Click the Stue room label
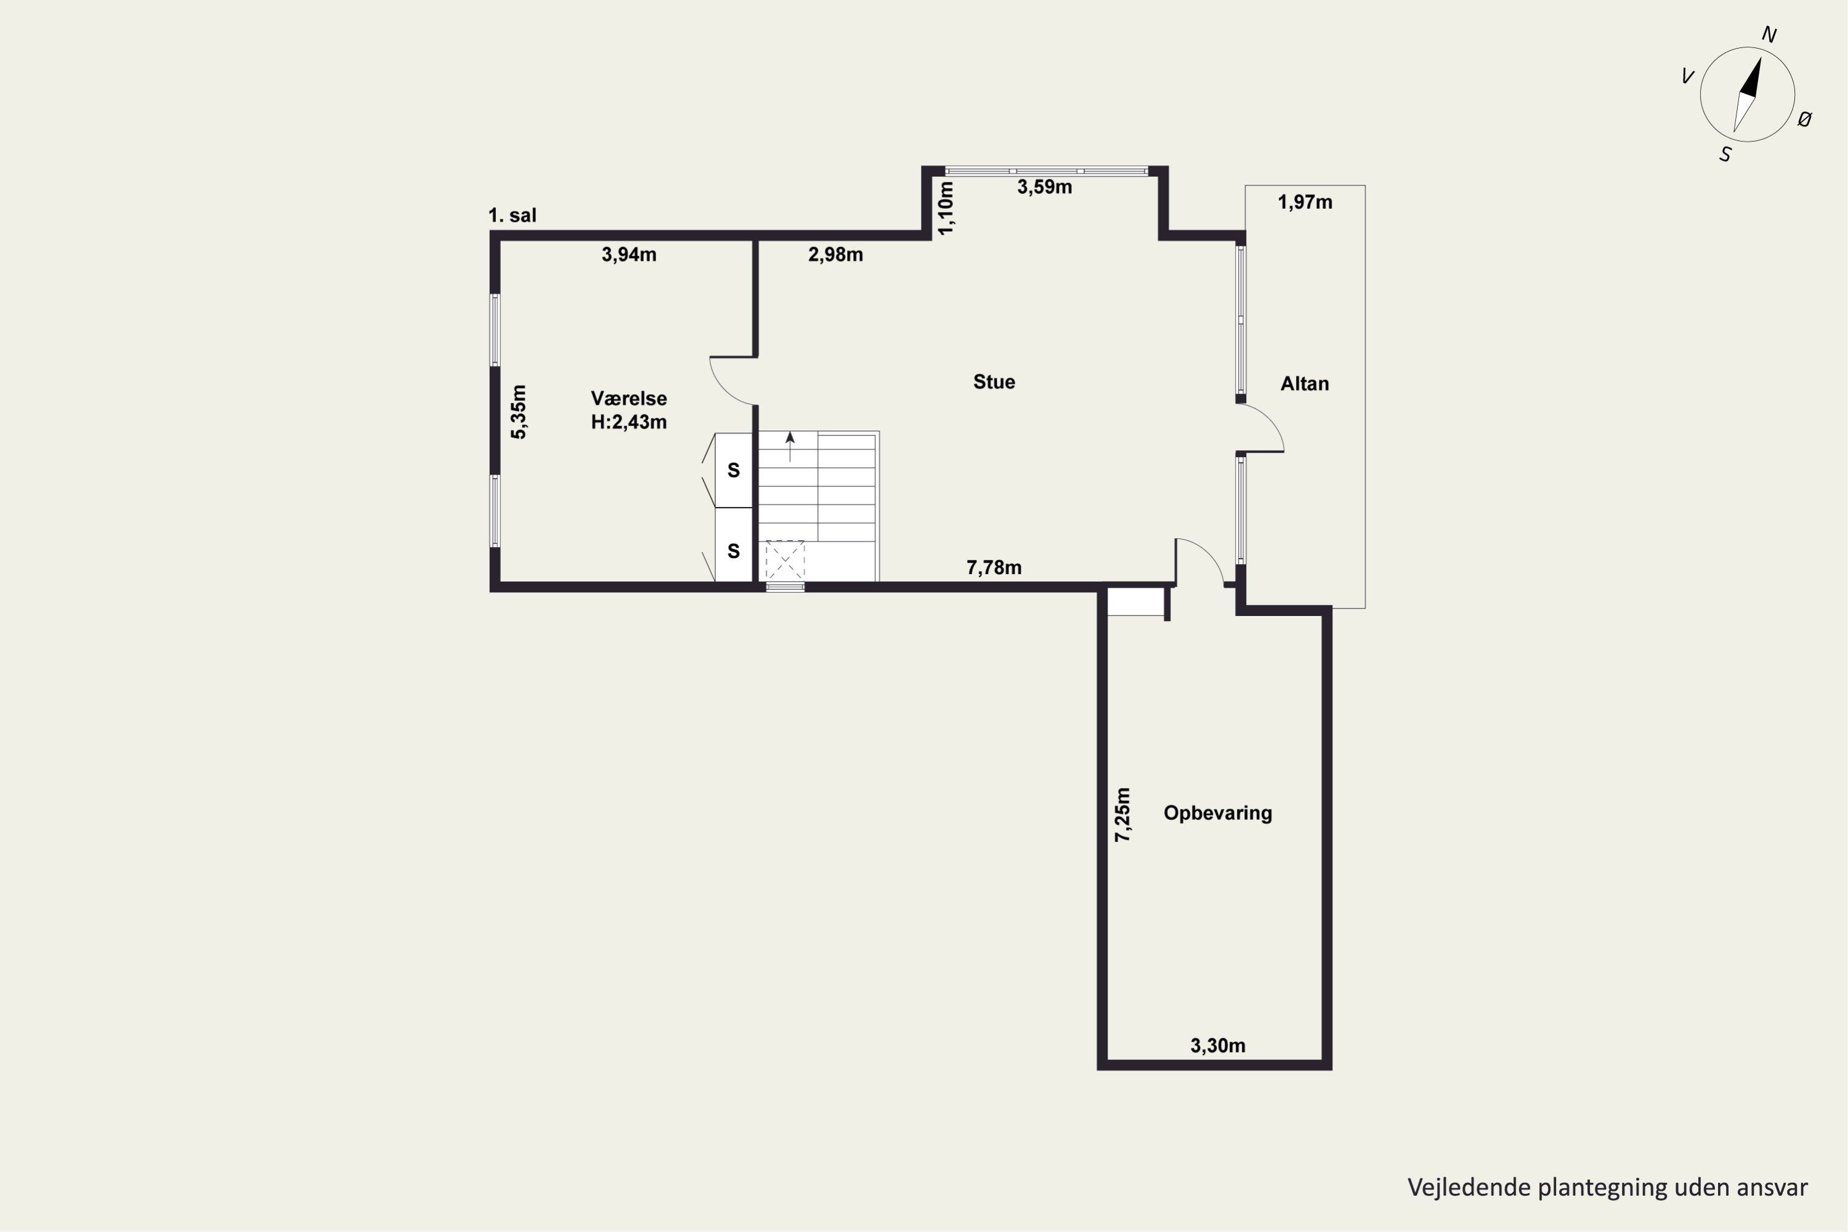click(994, 382)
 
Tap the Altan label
click(1304, 383)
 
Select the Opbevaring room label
click(1218, 813)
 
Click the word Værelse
click(628, 399)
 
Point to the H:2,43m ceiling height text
click(628, 422)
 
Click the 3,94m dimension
click(628, 254)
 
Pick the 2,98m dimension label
click(835, 254)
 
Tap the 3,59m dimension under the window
click(1044, 187)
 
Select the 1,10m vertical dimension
click(946, 208)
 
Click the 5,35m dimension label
click(519, 411)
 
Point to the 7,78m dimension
click(994, 567)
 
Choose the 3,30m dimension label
click(1218, 1046)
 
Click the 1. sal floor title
click(513, 215)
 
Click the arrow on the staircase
click(790, 446)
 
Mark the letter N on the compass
click(1769, 34)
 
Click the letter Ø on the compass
click(1805, 120)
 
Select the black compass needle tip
click(1759, 58)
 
